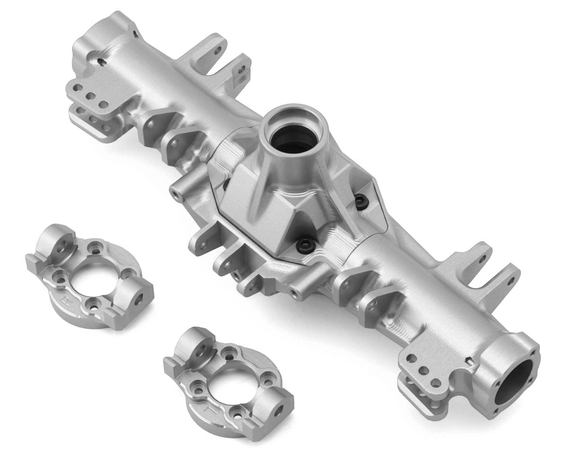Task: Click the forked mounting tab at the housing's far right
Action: [494, 274]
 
